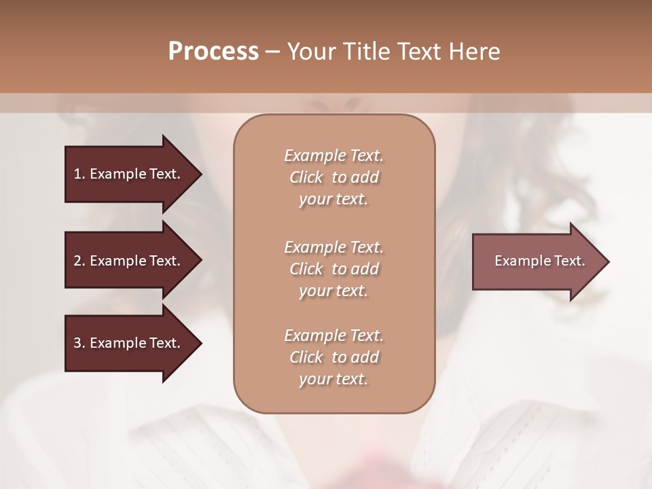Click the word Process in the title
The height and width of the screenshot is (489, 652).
[213, 52]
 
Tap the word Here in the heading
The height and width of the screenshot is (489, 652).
[474, 52]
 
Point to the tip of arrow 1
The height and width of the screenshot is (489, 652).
[200, 174]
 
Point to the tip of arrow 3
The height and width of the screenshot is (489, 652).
[200, 343]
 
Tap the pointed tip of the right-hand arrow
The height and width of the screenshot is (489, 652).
[607, 261]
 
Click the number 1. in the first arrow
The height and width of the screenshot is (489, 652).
[79, 174]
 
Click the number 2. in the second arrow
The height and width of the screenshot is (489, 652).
[79, 261]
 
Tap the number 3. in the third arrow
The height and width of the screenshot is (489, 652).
[79, 343]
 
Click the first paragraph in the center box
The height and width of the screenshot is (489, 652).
[333, 177]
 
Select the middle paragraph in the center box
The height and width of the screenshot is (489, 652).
[333, 269]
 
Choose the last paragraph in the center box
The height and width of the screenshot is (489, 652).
[333, 357]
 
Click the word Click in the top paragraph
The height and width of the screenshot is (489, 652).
[306, 177]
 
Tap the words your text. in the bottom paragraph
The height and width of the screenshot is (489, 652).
[333, 379]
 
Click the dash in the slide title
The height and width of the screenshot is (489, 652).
[272, 52]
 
